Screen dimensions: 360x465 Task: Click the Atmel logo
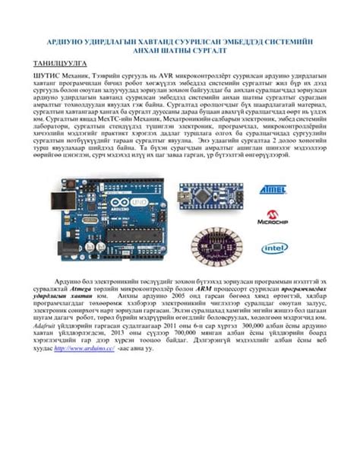point(272,187)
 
